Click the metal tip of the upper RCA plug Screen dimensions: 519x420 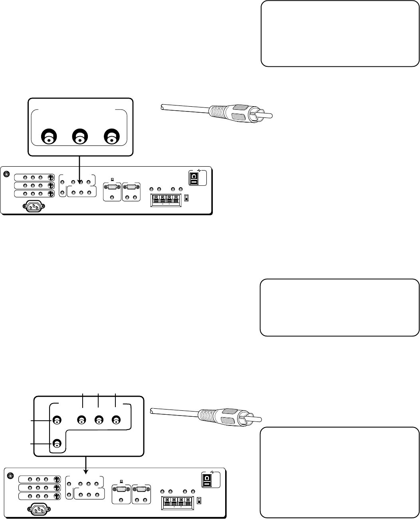coord(266,114)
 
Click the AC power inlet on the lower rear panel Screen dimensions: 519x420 coord(39,509)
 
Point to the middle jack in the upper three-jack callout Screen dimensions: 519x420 coord(80,138)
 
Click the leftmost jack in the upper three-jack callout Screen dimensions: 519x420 coord(48,138)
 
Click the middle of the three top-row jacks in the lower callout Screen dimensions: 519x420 coord(98,420)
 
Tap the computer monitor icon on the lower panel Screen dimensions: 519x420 coord(121,481)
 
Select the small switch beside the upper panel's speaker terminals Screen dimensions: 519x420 coord(186,198)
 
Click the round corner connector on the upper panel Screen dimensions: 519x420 coord(6,174)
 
